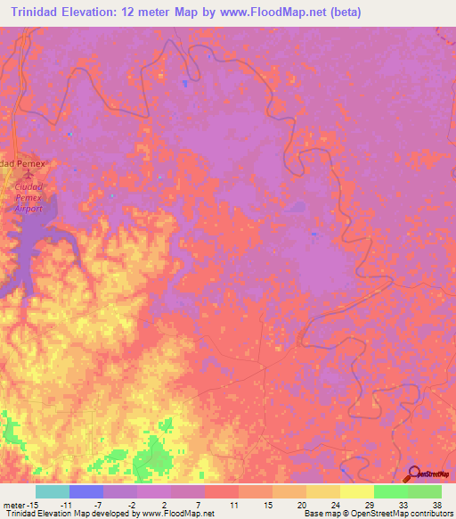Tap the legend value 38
coord(436,504)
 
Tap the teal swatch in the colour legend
coord(53,491)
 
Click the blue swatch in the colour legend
coord(86,491)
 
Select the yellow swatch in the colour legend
coord(356,491)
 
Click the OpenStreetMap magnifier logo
coord(415,475)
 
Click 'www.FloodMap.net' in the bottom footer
coord(174,514)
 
